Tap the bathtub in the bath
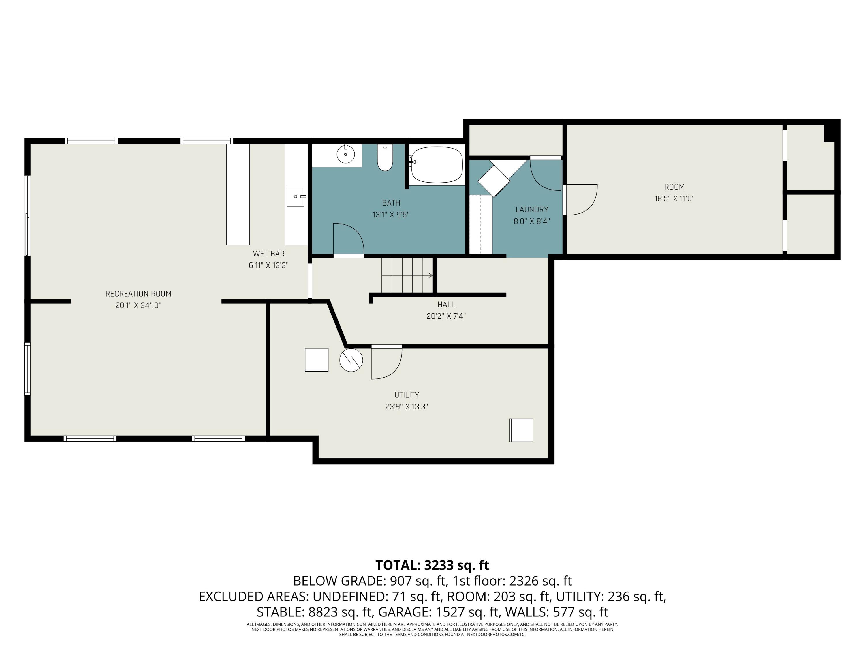pyautogui.click(x=437, y=164)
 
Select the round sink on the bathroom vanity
pyautogui.click(x=346, y=154)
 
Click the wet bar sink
pyautogui.click(x=296, y=196)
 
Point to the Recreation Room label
pyautogui.click(x=138, y=293)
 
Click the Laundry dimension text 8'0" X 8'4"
pyautogui.click(x=531, y=221)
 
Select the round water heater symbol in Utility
pyautogui.click(x=351, y=360)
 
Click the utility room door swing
pyautogui.click(x=386, y=364)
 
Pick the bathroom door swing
pyautogui.click(x=348, y=239)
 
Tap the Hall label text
pyautogui.click(x=446, y=304)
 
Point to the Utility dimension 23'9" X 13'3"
pyautogui.click(x=406, y=406)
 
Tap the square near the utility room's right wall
pyautogui.click(x=521, y=430)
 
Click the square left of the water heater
pyautogui.click(x=316, y=359)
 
